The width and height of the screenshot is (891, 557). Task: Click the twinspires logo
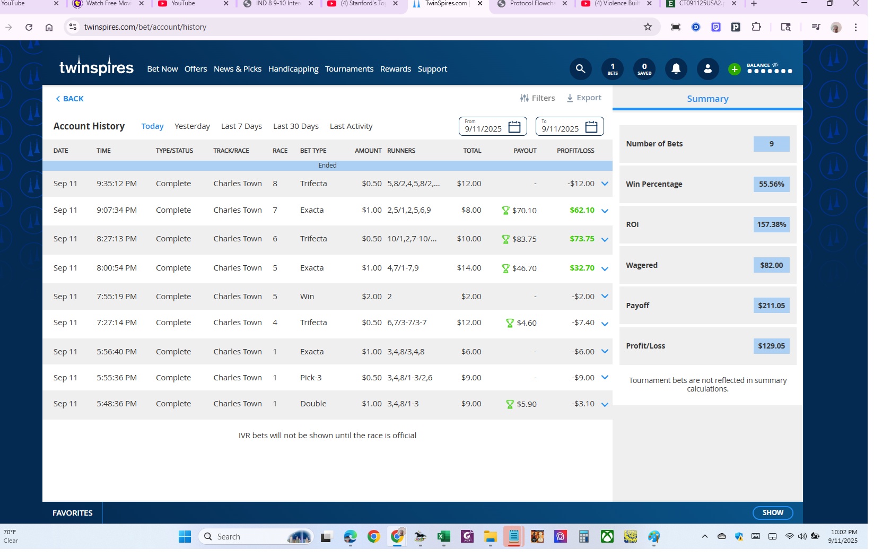(x=97, y=66)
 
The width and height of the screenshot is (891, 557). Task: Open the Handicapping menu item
(x=293, y=69)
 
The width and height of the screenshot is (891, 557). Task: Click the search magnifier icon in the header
(x=580, y=69)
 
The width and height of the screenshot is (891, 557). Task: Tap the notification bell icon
(x=676, y=69)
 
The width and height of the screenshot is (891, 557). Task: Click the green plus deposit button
(x=734, y=69)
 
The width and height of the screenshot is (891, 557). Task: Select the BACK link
(x=69, y=99)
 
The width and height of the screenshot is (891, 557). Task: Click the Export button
(x=583, y=98)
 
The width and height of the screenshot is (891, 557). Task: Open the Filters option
(x=537, y=98)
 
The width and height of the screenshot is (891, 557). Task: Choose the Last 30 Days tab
(x=296, y=126)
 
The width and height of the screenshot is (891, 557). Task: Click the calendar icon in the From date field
(x=514, y=127)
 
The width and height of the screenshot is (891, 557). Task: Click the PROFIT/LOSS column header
(x=575, y=151)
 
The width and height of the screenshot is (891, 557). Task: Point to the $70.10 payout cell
(x=520, y=211)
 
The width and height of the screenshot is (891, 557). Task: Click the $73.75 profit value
(x=582, y=239)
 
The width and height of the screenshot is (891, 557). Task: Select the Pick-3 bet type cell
(x=311, y=378)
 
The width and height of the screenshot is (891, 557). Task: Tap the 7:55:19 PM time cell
(x=117, y=297)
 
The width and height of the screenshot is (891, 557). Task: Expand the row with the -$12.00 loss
(x=605, y=184)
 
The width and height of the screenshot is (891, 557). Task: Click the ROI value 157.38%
(x=771, y=224)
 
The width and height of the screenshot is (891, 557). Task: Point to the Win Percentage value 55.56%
(x=771, y=184)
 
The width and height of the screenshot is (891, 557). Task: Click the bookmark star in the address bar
(x=648, y=27)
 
